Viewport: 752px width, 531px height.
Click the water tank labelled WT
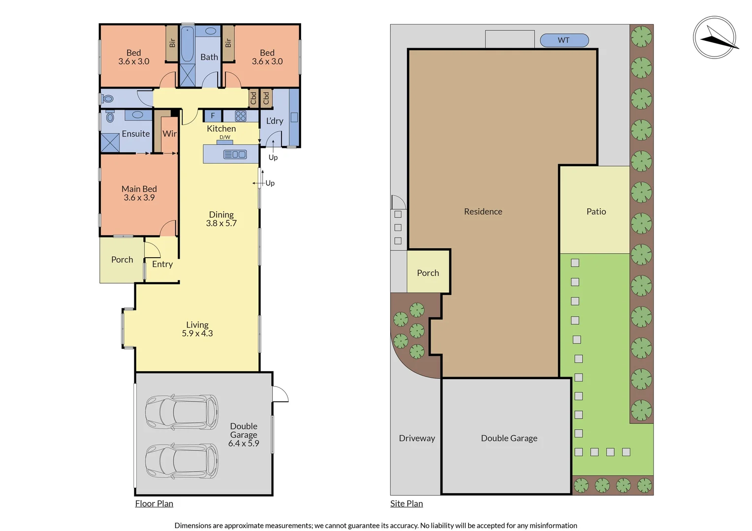click(x=564, y=40)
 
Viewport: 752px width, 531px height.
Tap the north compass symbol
click(x=714, y=38)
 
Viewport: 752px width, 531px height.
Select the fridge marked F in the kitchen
click(x=213, y=116)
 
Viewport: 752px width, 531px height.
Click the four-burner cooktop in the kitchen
click(x=241, y=116)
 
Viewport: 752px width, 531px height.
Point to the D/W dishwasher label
click(x=225, y=137)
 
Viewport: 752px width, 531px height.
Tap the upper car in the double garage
click(x=182, y=412)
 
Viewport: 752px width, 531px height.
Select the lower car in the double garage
click(x=182, y=461)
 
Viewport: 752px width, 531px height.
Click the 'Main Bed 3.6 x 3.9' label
click(x=139, y=193)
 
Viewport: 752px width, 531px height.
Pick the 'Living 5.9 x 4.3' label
click(x=197, y=329)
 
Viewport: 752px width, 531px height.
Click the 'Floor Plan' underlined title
click(x=154, y=503)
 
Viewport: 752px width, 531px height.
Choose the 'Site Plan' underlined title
click(x=407, y=503)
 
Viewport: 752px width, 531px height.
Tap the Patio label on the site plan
click(x=596, y=211)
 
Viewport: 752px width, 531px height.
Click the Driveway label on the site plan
click(x=417, y=438)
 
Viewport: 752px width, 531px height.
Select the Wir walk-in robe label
click(x=169, y=134)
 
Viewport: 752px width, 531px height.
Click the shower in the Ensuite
click(x=110, y=143)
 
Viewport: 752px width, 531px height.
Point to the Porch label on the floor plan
click(x=122, y=260)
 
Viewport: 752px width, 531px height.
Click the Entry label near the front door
click(x=162, y=264)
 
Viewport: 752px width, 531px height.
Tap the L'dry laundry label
click(x=275, y=121)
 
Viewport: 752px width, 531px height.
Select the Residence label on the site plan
click(x=483, y=211)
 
